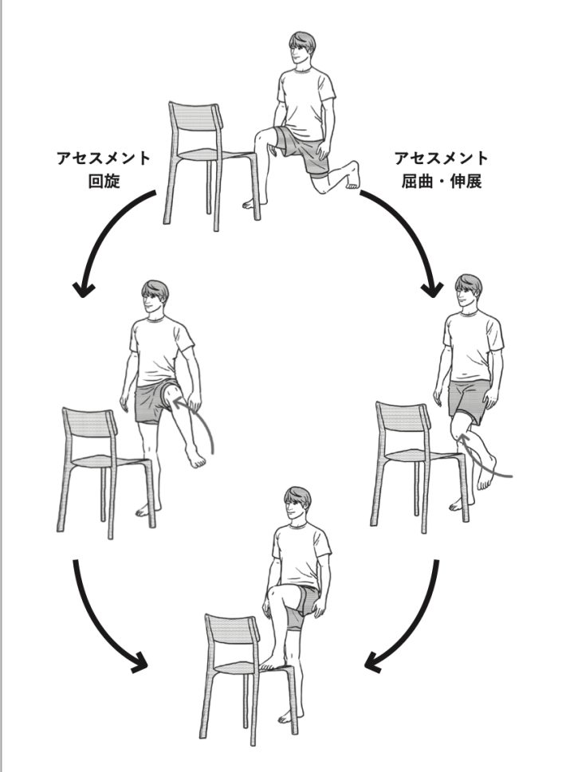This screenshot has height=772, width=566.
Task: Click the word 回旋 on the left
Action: click(104, 181)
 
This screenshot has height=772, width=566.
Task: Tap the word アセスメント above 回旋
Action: click(104, 158)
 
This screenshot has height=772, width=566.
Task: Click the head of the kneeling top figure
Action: click(301, 49)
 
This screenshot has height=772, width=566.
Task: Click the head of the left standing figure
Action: click(156, 297)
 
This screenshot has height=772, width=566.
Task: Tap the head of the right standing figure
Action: click(467, 293)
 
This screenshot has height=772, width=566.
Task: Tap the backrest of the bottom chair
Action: click(231, 633)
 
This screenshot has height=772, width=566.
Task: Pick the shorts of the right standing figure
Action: click(469, 397)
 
